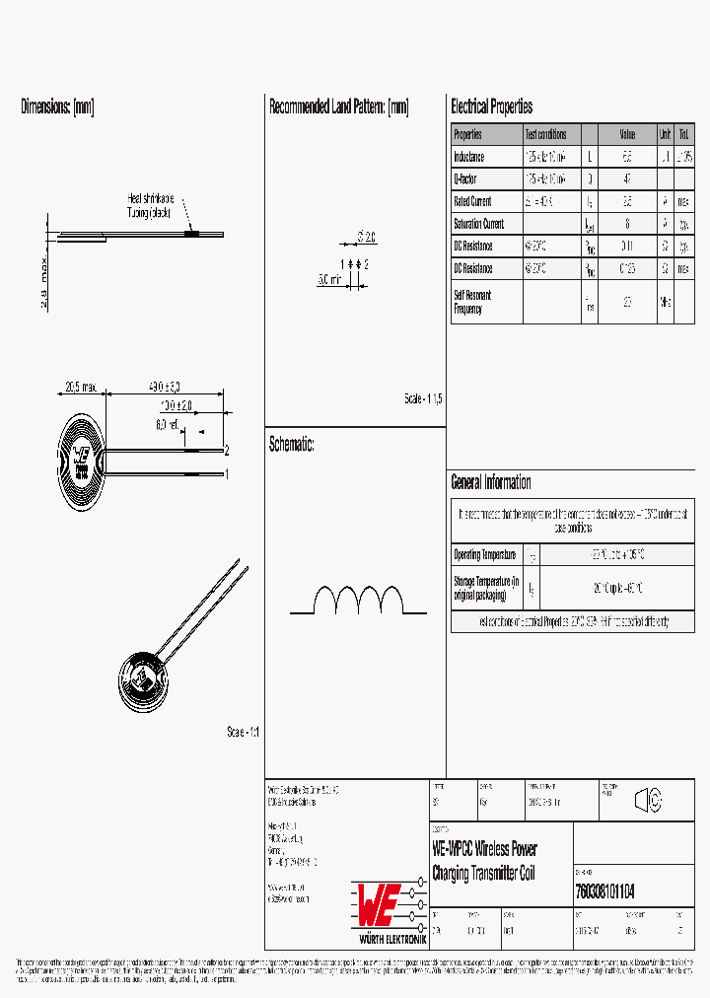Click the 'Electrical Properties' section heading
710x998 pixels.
click(491, 107)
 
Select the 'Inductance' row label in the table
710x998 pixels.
click(468, 157)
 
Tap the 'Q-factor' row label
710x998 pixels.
click(464, 179)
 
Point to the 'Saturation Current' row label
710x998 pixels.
click(478, 224)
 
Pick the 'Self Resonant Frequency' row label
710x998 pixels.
click(472, 302)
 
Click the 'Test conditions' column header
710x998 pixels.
click(545, 134)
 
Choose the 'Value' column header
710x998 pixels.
click(627, 134)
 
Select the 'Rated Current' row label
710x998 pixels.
click(472, 201)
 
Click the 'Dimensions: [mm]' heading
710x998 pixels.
click(57, 107)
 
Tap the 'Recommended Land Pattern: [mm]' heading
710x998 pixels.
click(338, 107)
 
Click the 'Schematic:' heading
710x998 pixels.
click(291, 445)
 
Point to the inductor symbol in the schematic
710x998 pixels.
click(359, 601)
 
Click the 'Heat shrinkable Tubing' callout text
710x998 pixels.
click(150, 205)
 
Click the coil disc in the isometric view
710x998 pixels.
click(144, 679)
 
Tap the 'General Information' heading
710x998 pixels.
click(490, 482)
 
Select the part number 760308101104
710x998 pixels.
click(603, 891)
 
